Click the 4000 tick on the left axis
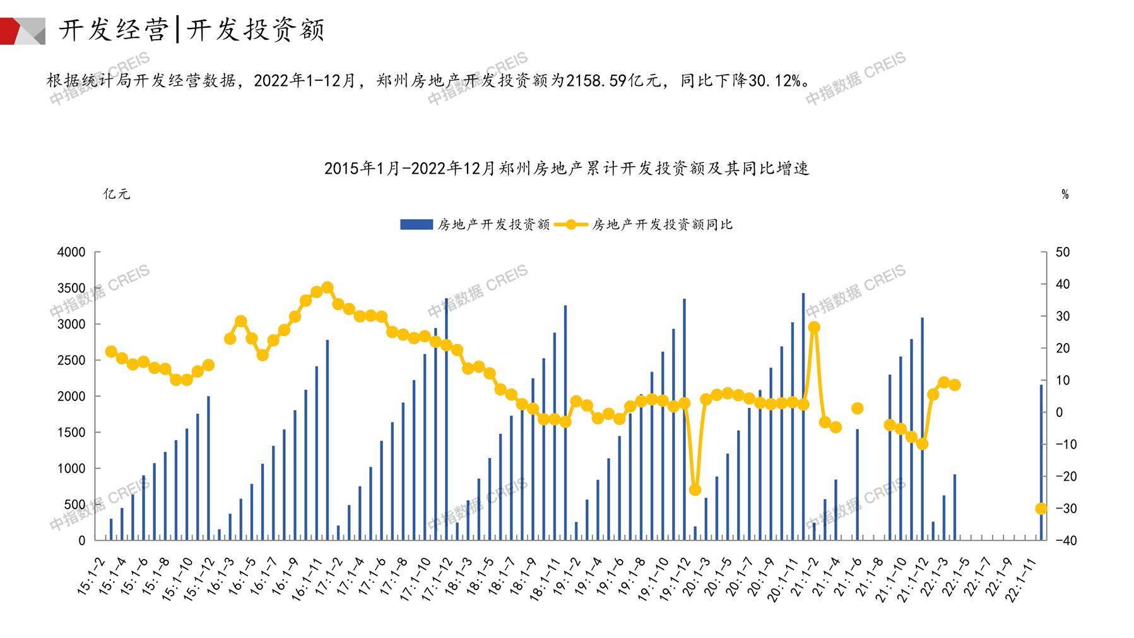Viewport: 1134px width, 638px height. coord(71,252)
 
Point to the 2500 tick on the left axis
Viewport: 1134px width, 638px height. coord(71,360)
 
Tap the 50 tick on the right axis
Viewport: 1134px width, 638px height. coord(1063,252)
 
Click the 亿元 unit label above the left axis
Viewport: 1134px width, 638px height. coord(117,194)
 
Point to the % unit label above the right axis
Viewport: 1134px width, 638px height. coord(1065,195)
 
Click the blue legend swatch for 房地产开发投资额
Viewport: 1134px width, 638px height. coord(416,224)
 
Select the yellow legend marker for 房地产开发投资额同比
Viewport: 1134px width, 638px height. coord(572,224)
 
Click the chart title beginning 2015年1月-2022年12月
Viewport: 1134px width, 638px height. coord(566,168)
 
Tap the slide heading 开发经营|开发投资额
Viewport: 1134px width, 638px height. coord(192,30)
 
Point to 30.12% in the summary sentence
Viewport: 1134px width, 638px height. coord(774,81)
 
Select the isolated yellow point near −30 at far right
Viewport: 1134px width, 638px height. coord(1041,509)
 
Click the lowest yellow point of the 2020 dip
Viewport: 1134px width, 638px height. coord(695,490)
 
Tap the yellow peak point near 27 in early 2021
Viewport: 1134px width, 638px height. coord(814,327)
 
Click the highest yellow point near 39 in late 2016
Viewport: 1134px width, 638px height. coord(328,288)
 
